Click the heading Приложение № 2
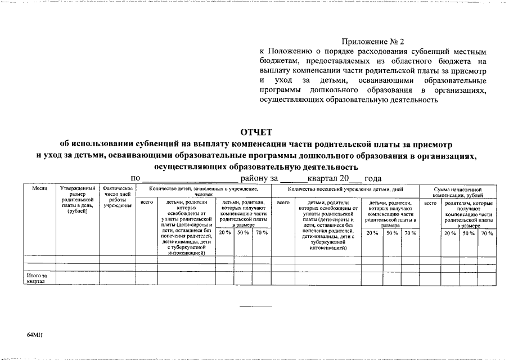click(x=373, y=42)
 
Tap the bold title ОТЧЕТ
click(x=256, y=132)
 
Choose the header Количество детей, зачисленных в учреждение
click(x=204, y=192)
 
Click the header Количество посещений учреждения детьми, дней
click(x=345, y=190)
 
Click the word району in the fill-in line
click(x=255, y=178)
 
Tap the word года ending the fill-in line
click(x=373, y=178)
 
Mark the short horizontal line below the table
click(x=256, y=307)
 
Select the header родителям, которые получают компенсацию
click(x=468, y=214)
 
